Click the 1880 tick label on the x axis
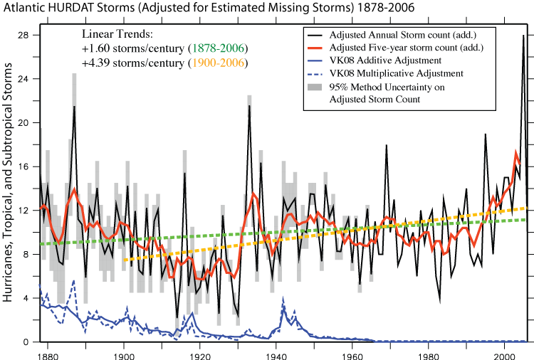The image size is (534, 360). point(48,351)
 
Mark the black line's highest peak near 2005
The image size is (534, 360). point(523,35)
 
